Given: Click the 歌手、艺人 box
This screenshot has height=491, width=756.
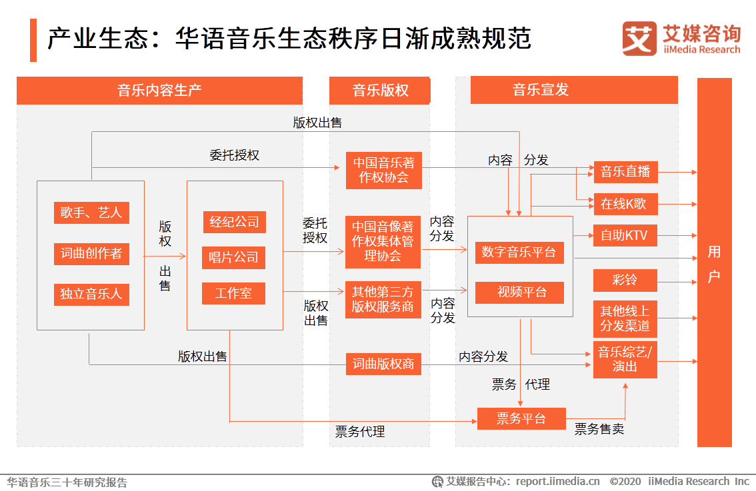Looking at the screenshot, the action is [x=91, y=213].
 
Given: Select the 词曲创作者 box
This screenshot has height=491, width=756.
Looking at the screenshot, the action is [x=91, y=254].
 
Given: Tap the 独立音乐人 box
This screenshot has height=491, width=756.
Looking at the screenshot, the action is [x=91, y=294].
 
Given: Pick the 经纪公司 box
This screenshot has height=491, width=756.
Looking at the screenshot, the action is [x=234, y=222].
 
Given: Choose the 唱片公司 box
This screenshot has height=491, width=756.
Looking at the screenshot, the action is [x=234, y=258].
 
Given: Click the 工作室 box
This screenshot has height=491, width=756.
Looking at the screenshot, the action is [x=234, y=293].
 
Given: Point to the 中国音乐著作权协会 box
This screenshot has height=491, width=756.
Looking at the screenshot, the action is [x=384, y=171].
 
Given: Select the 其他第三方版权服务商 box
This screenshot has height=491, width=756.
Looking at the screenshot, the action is [x=383, y=300].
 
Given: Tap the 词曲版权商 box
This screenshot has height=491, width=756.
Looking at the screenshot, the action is [x=383, y=364].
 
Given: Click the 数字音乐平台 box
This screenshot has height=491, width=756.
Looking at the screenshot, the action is [x=519, y=252].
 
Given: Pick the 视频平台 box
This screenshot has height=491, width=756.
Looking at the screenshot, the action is [x=519, y=292].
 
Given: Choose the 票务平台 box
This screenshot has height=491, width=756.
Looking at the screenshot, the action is [x=521, y=419].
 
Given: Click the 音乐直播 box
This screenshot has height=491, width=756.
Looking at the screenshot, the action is [x=625, y=172].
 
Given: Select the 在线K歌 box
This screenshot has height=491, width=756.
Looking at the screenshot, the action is [x=625, y=205].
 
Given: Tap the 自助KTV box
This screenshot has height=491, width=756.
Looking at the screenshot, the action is [x=625, y=236].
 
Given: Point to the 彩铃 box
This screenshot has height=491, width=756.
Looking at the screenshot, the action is [x=625, y=280].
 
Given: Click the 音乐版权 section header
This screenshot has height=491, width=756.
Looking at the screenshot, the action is [x=380, y=91].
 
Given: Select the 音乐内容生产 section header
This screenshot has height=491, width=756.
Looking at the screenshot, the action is [x=159, y=91].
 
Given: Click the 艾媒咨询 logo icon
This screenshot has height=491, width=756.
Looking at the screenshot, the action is [x=639, y=39].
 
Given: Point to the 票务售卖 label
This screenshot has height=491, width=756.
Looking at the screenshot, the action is [x=599, y=429].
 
